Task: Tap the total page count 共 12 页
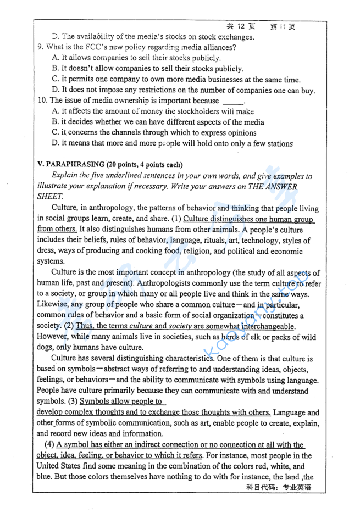pyautogui.click(x=241, y=26)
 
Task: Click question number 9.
pyautogui.click(x=40, y=47)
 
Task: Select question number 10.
pyautogui.click(x=42, y=101)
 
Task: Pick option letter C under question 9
pyautogui.click(x=55, y=80)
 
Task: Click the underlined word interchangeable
pyautogui.click(x=264, y=326)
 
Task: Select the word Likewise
pyautogui.click(x=52, y=305)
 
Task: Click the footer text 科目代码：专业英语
pyautogui.click(x=279, y=488)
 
